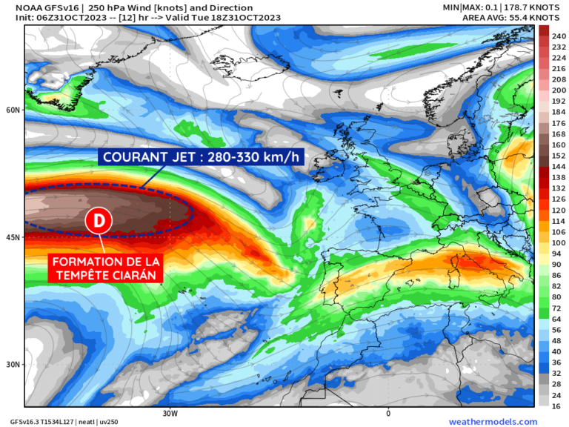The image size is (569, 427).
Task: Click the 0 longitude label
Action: tap(387, 413)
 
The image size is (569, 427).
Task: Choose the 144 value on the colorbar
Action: tap(559, 168)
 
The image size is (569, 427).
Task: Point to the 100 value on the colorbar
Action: tap(559, 242)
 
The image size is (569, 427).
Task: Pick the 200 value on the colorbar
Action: tap(559, 90)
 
